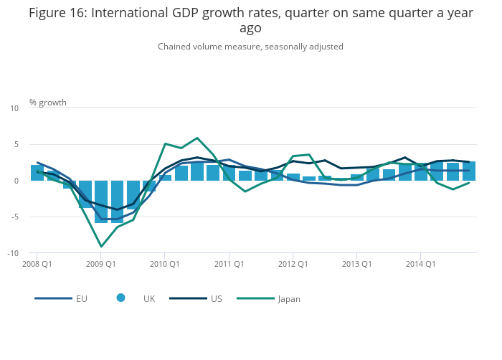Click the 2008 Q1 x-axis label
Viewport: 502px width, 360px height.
pyautogui.click(x=37, y=264)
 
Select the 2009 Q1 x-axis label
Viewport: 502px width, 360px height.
pyautogui.click(x=101, y=264)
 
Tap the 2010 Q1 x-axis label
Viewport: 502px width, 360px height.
pyautogui.click(x=165, y=264)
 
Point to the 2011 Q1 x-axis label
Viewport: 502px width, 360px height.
pyautogui.click(x=229, y=264)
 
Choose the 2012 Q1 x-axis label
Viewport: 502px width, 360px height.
pyautogui.click(x=293, y=264)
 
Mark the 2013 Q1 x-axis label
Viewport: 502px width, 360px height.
pyautogui.click(x=356, y=264)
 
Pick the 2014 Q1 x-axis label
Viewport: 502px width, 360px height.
pyautogui.click(x=421, y=264)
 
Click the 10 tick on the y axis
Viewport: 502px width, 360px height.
pyautogui.click(x=14, y=108)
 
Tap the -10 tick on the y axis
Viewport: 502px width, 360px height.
pyautogui.click(x=13, y=253)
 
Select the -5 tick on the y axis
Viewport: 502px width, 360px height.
pyautogui.click(x=15, y=217)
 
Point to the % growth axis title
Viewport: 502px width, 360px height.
pyautogui.click(x=48, y=103)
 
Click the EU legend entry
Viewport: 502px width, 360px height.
pyautogui.click(x=61, y=298)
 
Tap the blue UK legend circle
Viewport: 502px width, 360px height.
pyautogui.click(x=120, y=298)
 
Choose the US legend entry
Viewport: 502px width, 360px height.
pyautogui.click(x=196, y=298)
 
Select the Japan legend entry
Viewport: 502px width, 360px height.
pyautogui.click(x=269, y=299)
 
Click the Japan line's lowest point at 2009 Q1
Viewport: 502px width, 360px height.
pyautogui.click(x=101, y=246)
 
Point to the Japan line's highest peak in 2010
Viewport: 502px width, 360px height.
pyautogui.click(x=197, y=138)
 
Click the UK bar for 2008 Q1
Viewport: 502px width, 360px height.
pyautogui.click(x=37, y=173)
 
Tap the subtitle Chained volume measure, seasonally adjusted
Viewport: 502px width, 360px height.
pyautogui.click(x=251, y=47)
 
